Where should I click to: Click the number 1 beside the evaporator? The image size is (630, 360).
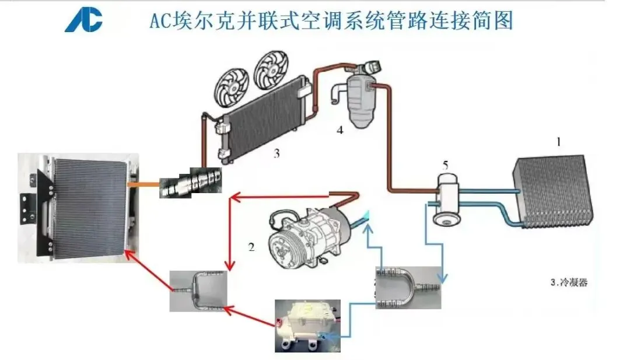click(x=558, y=142)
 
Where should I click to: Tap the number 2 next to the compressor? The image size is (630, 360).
click(x=251, y=247)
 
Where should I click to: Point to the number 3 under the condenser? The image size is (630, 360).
click(x=276, y=153)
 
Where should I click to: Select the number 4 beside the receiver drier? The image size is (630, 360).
click(x=340, y=130)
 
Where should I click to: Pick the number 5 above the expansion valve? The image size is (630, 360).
click(x=445, y=165)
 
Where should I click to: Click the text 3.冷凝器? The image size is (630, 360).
click(x=569, y=282)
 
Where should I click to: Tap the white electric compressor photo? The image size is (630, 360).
click(x=308, y=326)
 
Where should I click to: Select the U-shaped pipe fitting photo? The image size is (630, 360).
click(x=408, y=288)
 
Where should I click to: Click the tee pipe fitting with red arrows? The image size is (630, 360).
click(x=198, y=291)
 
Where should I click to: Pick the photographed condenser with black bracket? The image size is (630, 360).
click(x=78, y=208)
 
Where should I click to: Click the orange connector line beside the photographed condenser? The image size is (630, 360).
click(x=143, y=184)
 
